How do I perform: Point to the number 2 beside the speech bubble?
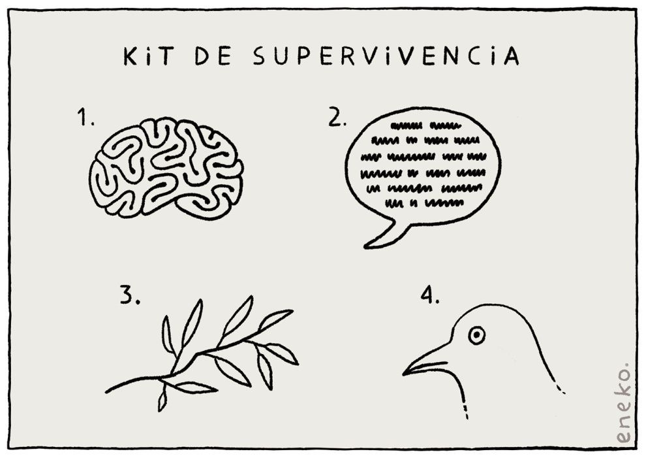tap(337, 117)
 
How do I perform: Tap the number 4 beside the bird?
tap(430, 295)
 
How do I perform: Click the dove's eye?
tap(476, 335)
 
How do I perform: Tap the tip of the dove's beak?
tap(404, 374)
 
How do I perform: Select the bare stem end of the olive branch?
tap(107, 391)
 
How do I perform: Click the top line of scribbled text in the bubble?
tap(425, 125)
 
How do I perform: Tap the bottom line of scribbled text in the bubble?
tap(424, 203)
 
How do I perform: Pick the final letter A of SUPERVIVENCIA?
tap(512, 56)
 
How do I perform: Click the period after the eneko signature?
tap(626, 365)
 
